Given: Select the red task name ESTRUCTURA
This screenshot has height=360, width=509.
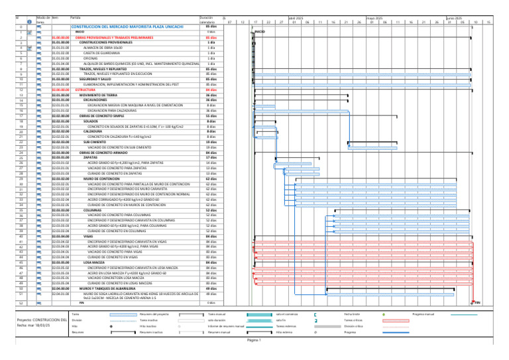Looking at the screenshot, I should (86, 90).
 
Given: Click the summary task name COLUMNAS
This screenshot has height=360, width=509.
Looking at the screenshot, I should (93, 210).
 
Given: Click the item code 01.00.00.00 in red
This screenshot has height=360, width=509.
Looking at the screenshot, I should (60, 36).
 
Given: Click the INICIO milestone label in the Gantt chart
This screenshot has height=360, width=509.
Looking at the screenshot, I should (260, 31).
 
